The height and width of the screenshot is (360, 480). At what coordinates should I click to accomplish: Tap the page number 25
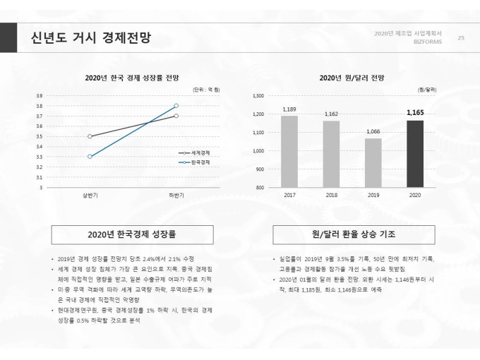tap(461, 37)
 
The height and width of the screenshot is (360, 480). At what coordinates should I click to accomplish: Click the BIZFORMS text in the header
tap(428, 42)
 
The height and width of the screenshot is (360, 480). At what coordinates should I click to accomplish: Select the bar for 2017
tap(289, 152)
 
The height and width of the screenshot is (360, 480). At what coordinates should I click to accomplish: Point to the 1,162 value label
tap(331, 114)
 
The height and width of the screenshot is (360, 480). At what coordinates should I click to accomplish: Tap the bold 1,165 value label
tap(415, 112)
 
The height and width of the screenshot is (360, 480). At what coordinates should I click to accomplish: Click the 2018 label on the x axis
tap(331, 195)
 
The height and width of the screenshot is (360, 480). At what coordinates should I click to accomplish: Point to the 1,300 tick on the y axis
tap(257, 95)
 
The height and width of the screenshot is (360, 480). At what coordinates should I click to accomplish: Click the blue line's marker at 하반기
tap(176, 105)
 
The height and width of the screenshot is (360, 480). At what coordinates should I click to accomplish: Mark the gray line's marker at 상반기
tap(90, 136)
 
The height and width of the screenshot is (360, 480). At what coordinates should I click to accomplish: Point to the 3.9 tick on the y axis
tap(39, 95)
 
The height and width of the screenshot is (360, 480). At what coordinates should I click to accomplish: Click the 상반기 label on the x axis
tap(90, 195)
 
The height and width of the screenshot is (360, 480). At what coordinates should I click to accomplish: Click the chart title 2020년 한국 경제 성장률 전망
tap(132, 78)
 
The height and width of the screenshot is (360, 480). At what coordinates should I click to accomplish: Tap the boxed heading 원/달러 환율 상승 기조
tap(353, 234)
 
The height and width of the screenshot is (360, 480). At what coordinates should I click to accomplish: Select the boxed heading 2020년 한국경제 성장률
tap(132, 234)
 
